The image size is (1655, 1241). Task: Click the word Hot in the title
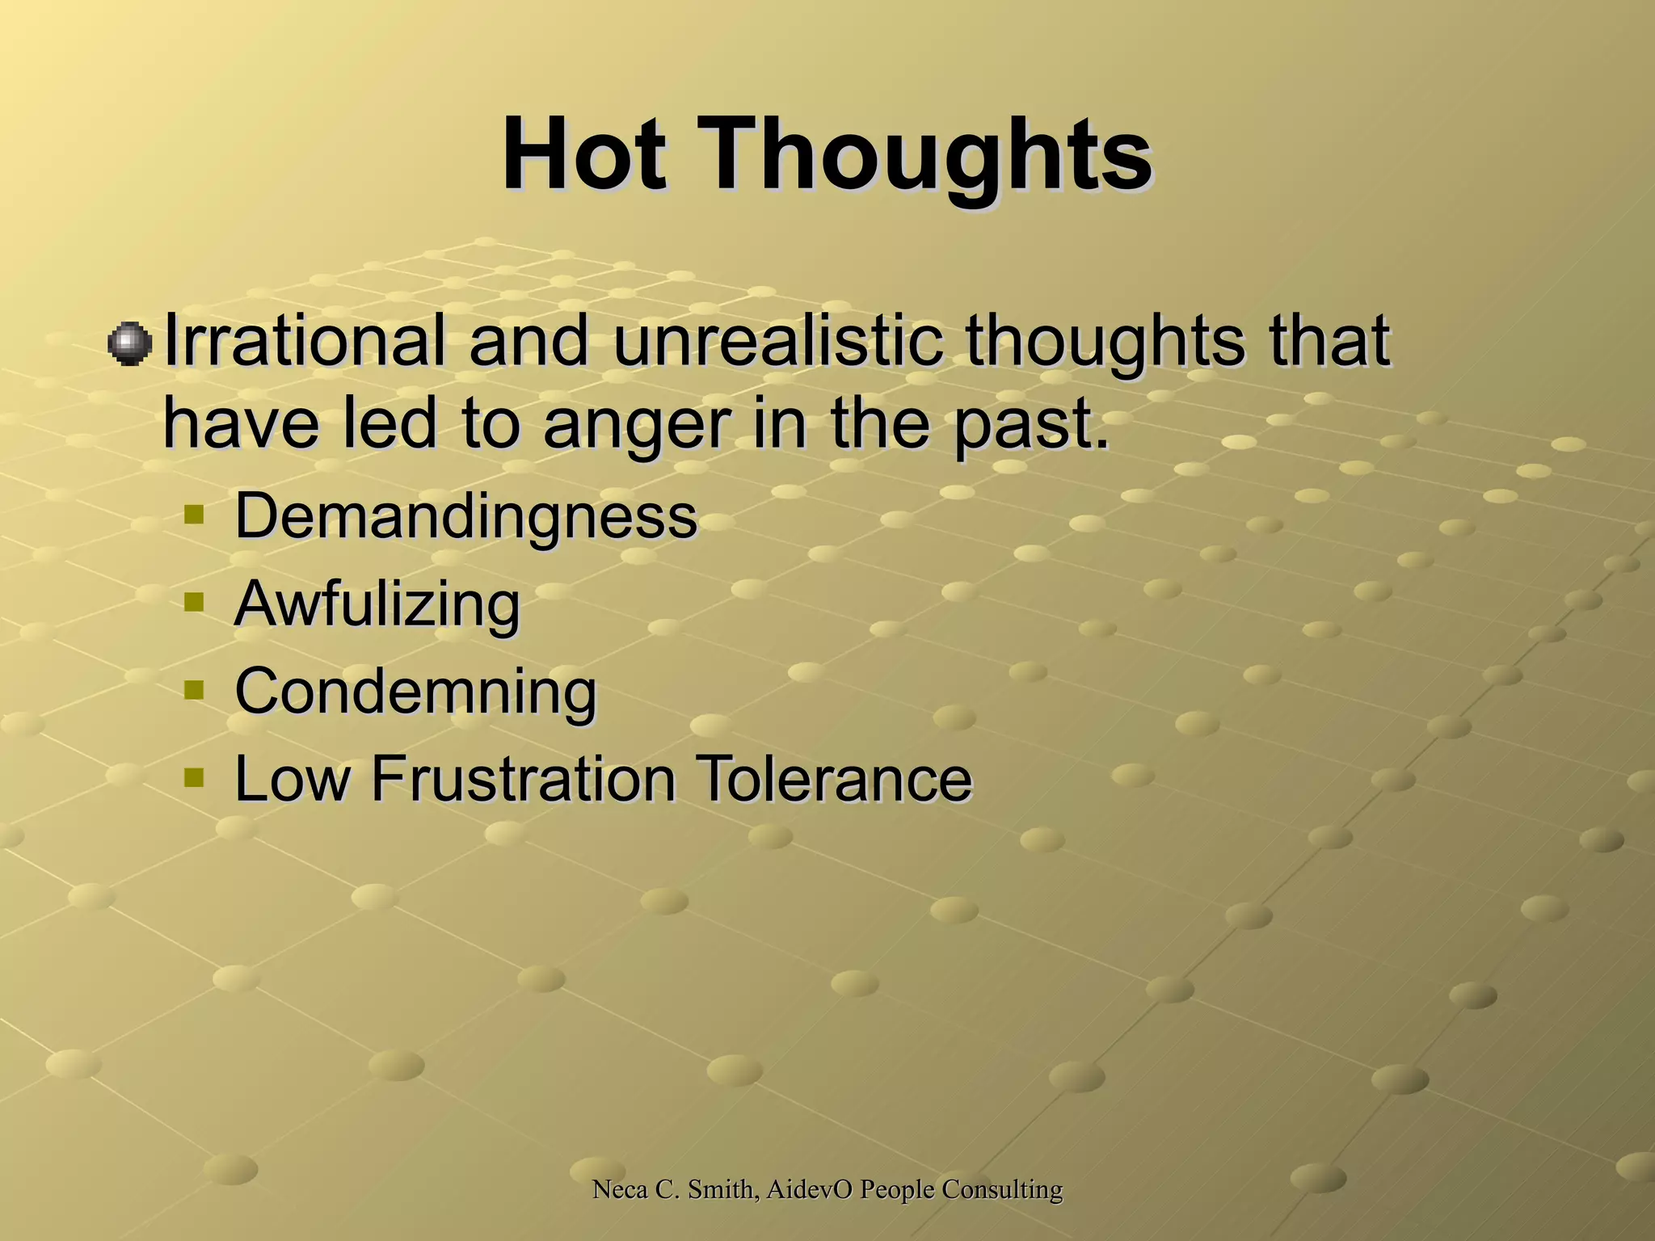click(583, 154)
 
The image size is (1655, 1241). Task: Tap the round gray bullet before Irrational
click(129, 344)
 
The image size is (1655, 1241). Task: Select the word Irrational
click(304, 341)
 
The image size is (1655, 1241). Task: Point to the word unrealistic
click(777, 341)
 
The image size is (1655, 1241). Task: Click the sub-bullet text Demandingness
click(465, 516)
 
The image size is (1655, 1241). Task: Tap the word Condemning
click(415, 692)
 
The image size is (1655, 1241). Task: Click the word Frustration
click(523, 779)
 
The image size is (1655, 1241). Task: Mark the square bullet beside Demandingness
click(194, 514)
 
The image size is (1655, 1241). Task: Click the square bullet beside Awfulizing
click(194, 602)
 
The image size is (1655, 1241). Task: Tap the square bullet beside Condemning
click(194, 690)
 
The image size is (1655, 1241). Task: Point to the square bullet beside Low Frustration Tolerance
click(194, 777)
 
